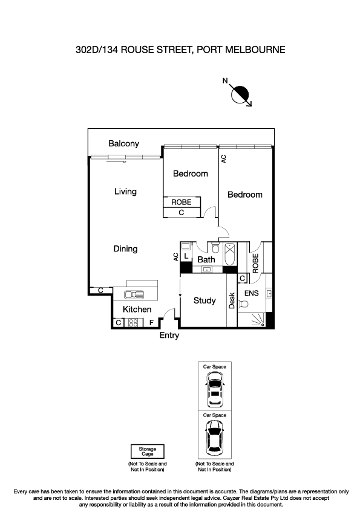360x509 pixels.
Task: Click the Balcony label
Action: click(x=123, y=144)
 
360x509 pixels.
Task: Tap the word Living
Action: click(x=125, y=192)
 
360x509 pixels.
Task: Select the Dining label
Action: click(x=125, y=248)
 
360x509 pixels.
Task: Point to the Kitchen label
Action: click(x=137, y=310)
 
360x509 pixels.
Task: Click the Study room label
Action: click(x=205, y=300)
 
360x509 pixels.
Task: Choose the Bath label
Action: click(x=206, y=260)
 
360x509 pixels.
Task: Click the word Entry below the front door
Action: click(x=169, y=336)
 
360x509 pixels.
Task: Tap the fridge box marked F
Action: click(x=151, y=323)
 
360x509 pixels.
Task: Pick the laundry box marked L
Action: click(x=186, y=256)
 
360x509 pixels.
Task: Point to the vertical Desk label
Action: click(x=232, y=300)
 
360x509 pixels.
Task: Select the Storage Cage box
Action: click(x=148, y=452)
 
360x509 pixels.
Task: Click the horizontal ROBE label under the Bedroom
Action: click(x=182, y=203)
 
